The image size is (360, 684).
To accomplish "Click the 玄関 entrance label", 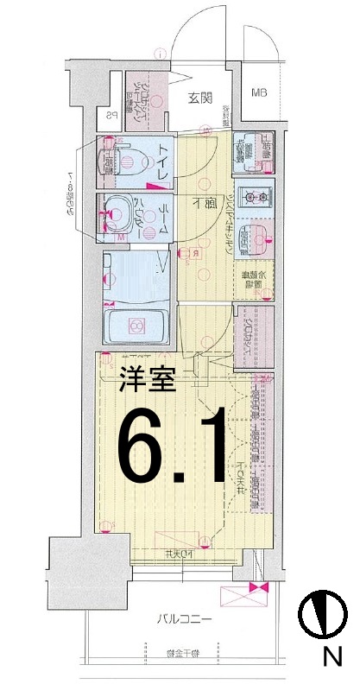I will tap(200, 98).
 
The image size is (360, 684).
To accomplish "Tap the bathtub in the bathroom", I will tap(135, 326).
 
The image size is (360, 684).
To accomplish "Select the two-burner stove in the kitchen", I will tap(254, 196).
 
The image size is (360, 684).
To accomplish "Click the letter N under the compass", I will tap(329, 658).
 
